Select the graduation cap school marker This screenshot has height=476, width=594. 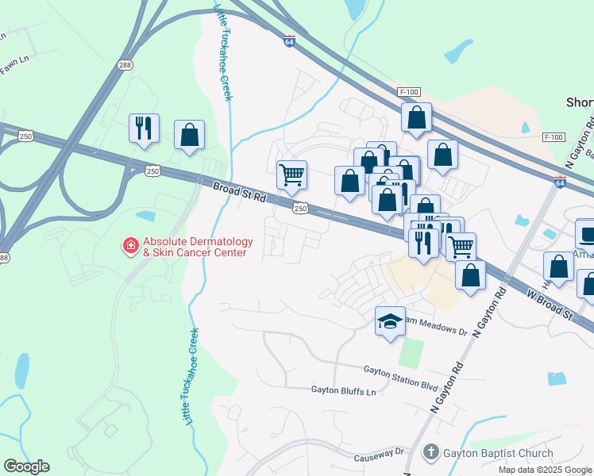(390, 321)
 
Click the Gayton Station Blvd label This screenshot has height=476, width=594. (401, 370)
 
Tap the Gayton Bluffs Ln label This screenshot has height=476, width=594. (342, 391)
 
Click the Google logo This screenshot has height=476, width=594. (26, 466)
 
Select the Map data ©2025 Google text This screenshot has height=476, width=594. (545, 470)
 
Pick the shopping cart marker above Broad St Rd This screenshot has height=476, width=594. (291, 175)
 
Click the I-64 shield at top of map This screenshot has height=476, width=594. (290, 40)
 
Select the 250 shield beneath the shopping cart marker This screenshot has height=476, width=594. (300, 208)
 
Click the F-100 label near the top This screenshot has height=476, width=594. (410, 92)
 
